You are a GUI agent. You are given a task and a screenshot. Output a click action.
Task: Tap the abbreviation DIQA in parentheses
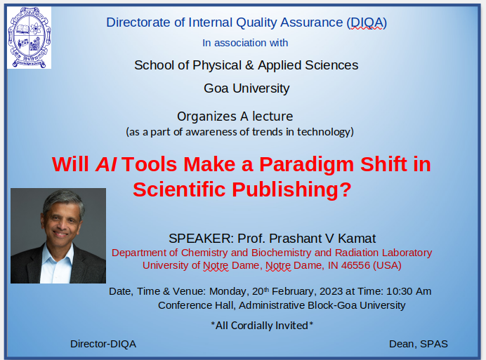tap(366, 22)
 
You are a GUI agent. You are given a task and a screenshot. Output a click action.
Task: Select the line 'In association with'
tap(245, 43)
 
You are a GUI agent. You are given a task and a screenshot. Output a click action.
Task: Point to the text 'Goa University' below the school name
tap(246, 88)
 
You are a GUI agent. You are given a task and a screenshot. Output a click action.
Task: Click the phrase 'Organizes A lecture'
tap(235, 116)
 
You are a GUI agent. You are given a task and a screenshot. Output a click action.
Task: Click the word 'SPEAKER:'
tap(200, 238)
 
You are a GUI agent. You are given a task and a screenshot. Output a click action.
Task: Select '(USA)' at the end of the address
tap(387, 265)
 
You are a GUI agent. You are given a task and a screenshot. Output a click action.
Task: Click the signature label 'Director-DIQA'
tap(103, 344)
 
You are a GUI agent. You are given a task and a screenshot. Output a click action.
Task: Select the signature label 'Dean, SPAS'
tap(419, 344)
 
